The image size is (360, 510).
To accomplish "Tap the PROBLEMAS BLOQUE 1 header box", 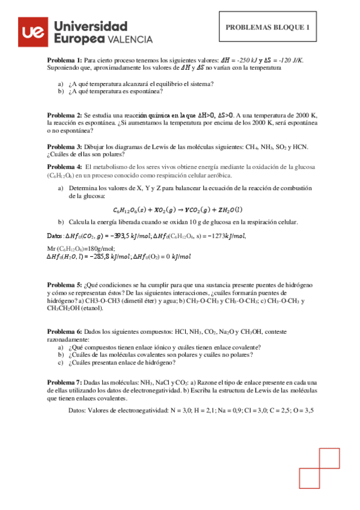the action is click(x=267, y=27).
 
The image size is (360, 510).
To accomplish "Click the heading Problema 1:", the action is click(x=64, y=61).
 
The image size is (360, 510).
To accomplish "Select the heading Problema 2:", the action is click(x=64, y=114).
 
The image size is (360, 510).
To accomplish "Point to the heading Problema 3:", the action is click(x=64, y=146).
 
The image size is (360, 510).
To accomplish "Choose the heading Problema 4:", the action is click(x=64, y=167).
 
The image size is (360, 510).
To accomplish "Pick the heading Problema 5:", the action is click(x=64, y=284).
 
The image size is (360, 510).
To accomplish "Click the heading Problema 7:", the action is click(x=64, y=382).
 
